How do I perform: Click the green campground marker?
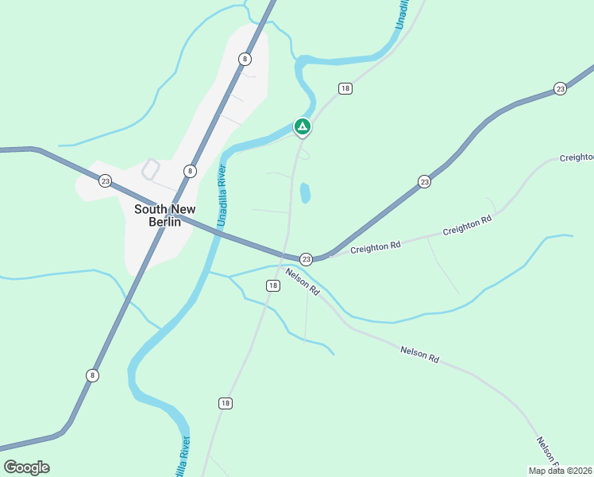302,126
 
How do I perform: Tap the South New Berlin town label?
165,215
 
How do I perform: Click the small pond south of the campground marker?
305,193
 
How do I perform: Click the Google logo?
26,467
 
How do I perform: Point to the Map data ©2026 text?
560,471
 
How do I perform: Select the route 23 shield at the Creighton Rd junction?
306,259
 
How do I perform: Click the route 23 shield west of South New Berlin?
106,181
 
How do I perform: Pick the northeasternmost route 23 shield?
561,88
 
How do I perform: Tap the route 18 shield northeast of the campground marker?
345,88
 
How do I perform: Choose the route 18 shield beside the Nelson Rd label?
273,285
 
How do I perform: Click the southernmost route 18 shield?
226,404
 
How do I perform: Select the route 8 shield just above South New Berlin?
190,171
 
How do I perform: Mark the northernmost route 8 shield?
245,59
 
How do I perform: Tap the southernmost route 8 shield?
93,375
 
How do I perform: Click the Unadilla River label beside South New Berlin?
222,196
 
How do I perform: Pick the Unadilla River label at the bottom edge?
182,457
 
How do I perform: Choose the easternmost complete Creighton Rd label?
467,225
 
